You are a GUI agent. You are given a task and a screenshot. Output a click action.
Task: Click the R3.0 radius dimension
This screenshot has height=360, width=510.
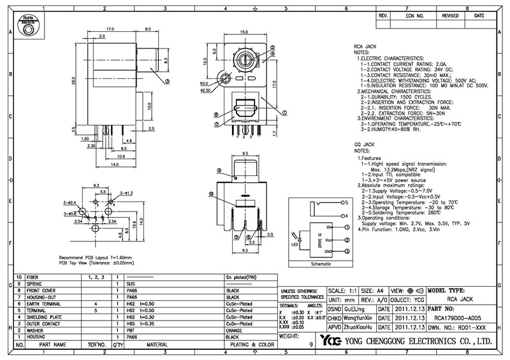pos(204,83)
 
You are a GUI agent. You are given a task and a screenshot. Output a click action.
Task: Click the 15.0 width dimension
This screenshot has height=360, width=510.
pos(244,32)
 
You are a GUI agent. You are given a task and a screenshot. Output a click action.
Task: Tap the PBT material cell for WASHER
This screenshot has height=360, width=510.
pos(132,331)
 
